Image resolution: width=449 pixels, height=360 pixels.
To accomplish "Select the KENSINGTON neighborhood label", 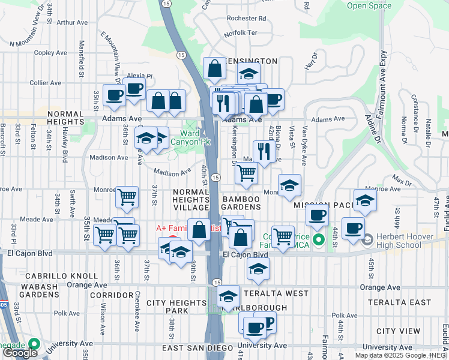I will (x=252, y=61).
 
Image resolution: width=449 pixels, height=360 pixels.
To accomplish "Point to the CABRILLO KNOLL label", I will (x=61, y=276).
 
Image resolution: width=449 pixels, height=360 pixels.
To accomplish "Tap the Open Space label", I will (x=369, y=6).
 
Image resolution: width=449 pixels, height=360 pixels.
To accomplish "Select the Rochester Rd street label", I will (x=247, y=19).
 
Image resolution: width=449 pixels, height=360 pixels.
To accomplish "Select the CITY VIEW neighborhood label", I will (x=398, y=331).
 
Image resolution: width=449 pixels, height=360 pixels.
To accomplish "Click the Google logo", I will (x=20, y=353).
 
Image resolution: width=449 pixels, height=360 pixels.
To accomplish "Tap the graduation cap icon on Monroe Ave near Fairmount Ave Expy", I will (x=364, y=201).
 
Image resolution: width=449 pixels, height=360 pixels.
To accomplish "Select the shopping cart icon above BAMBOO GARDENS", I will (x=246, y=173).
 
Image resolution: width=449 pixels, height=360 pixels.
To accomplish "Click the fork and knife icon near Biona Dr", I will (x=264, y=152).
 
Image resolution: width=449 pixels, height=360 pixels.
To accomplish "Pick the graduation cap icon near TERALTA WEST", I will (x=228, y=296).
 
